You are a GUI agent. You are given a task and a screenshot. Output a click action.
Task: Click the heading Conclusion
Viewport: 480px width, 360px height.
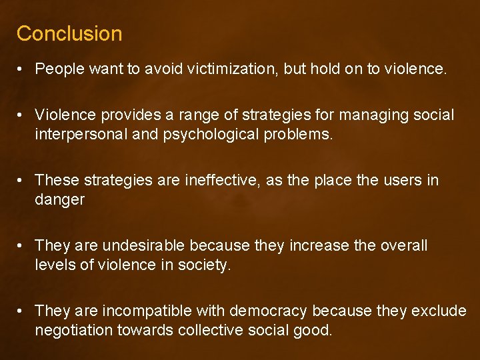point(69,33)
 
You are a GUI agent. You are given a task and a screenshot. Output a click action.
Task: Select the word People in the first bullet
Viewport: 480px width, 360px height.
point(60,69)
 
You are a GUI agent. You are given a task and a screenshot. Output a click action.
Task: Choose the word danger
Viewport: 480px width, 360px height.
point(60,199)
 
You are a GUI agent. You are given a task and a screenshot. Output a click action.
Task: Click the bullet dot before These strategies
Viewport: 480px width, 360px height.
point(23,180)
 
